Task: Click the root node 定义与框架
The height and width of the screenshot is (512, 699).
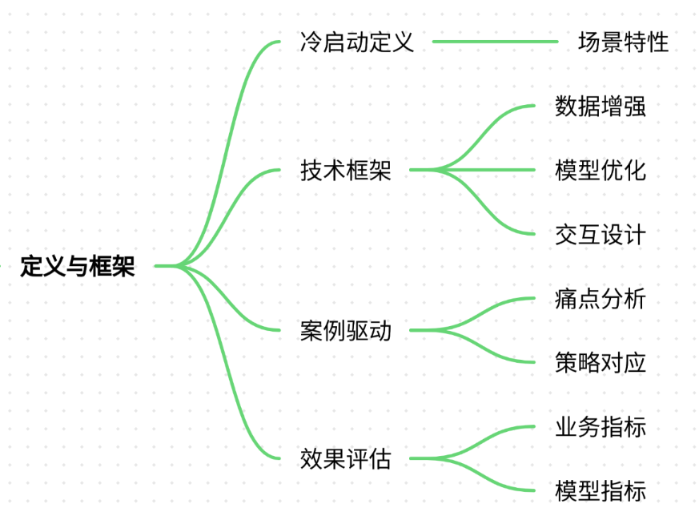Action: [78, 266]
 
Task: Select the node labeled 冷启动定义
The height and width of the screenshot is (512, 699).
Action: [357, 42]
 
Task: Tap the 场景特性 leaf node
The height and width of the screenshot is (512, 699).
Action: [623, 42]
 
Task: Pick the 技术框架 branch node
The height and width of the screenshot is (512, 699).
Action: [345, 170]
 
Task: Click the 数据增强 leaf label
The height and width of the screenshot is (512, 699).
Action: [600, 106]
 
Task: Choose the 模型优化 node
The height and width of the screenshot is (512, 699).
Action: [600, 170]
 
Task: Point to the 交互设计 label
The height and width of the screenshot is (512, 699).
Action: [600, 234]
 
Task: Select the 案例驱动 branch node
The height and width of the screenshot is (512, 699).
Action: [345, 330]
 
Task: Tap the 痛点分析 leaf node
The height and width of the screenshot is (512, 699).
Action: [600, 298]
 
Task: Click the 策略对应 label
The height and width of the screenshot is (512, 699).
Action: [600, 362]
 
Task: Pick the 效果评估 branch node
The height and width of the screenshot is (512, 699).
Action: [345, 458]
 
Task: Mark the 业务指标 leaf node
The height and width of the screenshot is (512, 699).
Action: [600, 427]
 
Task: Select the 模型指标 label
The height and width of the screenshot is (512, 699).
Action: [600, 490]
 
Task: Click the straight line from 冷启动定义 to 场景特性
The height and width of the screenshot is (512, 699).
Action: [496, 42]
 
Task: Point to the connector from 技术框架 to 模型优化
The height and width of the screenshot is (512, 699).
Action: [472, 170]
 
